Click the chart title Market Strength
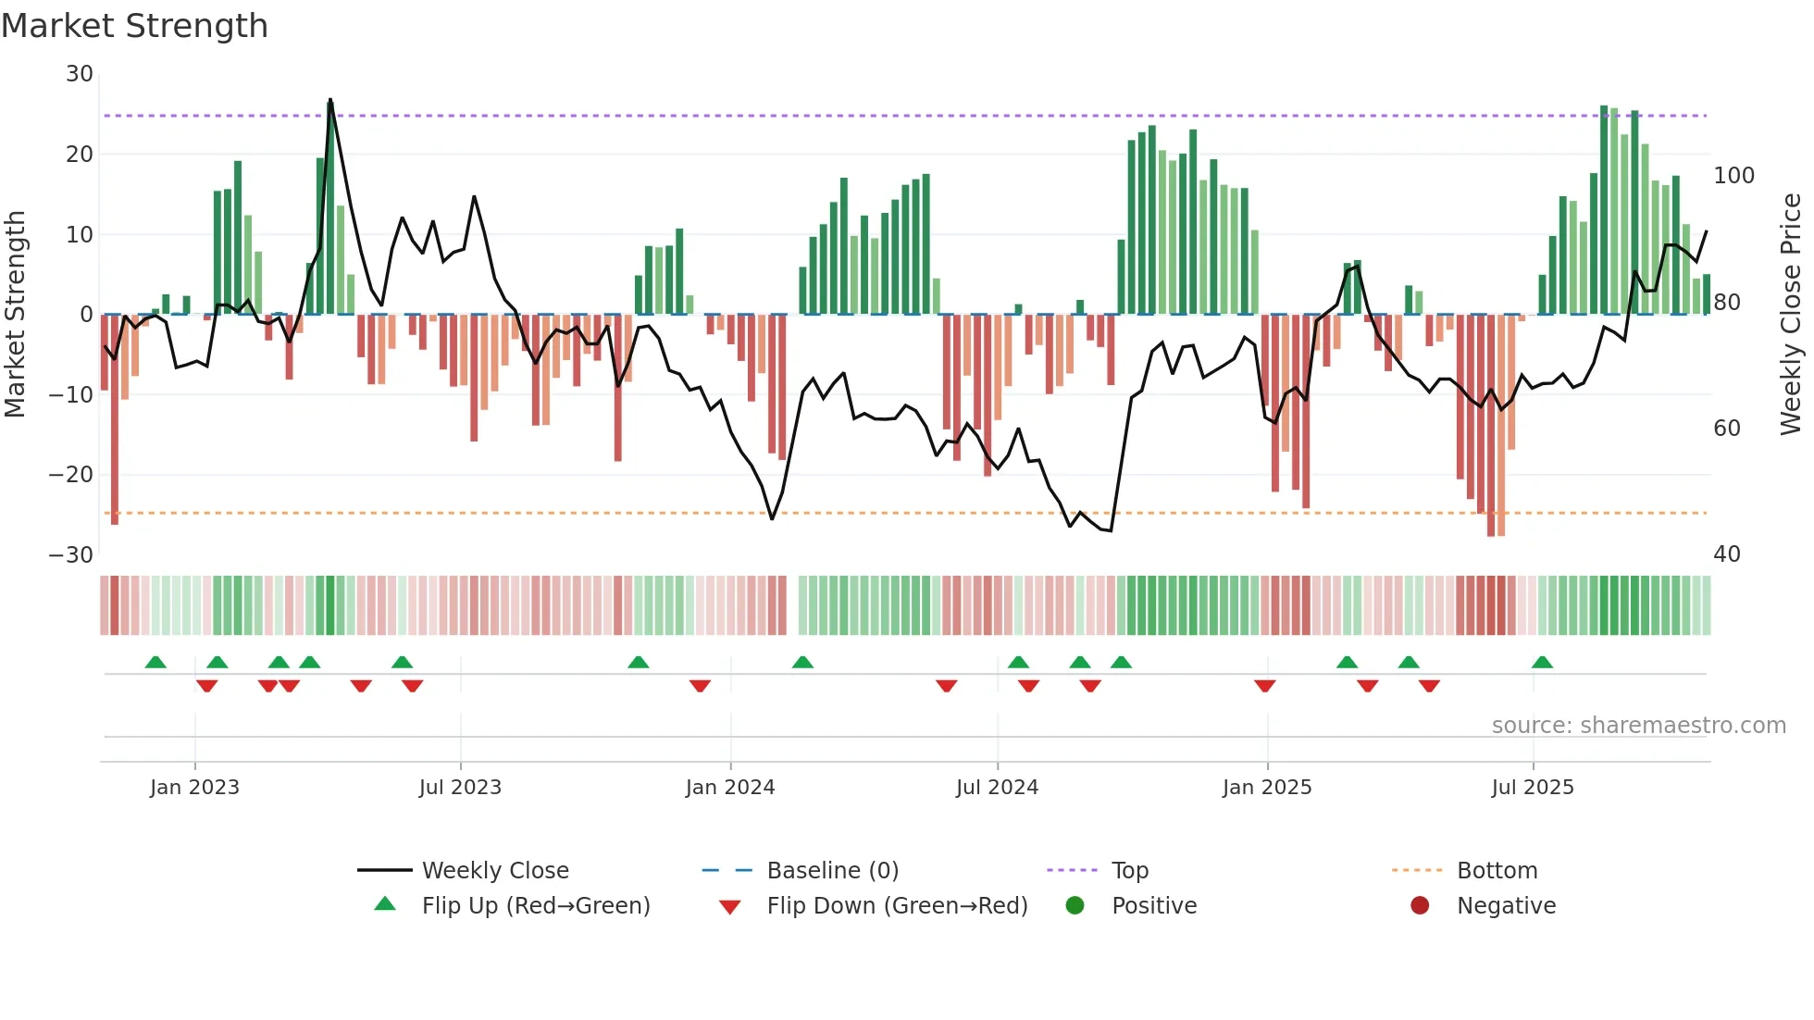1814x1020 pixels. point(134,26)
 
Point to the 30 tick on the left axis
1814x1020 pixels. point(80,74)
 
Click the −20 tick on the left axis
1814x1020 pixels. point(71,475)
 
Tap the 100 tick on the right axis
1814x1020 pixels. point(1733,176)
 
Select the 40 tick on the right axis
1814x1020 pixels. point(1726,554)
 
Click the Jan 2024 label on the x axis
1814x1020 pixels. point(729,788)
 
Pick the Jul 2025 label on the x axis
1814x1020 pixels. point(1532,788)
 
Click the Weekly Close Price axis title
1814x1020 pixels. point(1791,315)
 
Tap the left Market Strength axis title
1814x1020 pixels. point(15,315)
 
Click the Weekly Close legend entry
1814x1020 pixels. point(495,871)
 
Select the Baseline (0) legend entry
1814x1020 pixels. point(832,871)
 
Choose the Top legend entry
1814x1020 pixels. point(1129,871)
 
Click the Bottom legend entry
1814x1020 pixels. point(1497,871)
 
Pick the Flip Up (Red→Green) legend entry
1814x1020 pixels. point(535,906)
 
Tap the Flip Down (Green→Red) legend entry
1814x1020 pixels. point(896,906)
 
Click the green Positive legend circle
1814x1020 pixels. point(1075,905)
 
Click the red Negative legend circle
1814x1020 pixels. point(1420,905)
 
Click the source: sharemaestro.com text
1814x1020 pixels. point(1638,726)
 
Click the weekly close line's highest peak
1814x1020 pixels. point(330,100)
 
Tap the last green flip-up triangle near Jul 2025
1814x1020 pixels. point(1542,663)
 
